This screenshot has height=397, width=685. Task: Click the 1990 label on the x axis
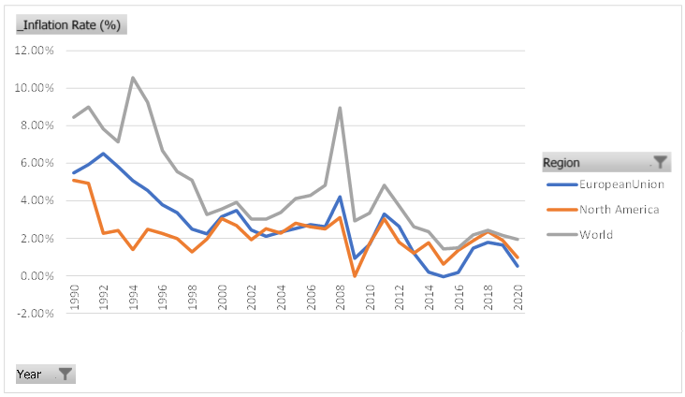point(74,301)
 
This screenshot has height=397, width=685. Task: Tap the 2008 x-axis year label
point(340,301)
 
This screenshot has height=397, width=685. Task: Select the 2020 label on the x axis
point(517,301)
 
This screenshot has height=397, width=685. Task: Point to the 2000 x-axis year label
point(222,301)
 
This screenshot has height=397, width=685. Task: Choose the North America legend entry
point(619,209)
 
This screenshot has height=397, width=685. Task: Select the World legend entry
point(596,234)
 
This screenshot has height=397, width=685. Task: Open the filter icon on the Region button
point(660,162)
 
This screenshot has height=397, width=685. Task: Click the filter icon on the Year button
point(65,374)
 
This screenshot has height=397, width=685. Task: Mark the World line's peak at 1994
point(133,77)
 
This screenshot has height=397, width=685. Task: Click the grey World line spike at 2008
point(340,107)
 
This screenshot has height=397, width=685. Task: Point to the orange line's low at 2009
point(355,276)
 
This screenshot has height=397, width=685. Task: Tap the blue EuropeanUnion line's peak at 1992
point(103,154)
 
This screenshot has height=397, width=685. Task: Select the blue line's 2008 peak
point(340,197)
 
